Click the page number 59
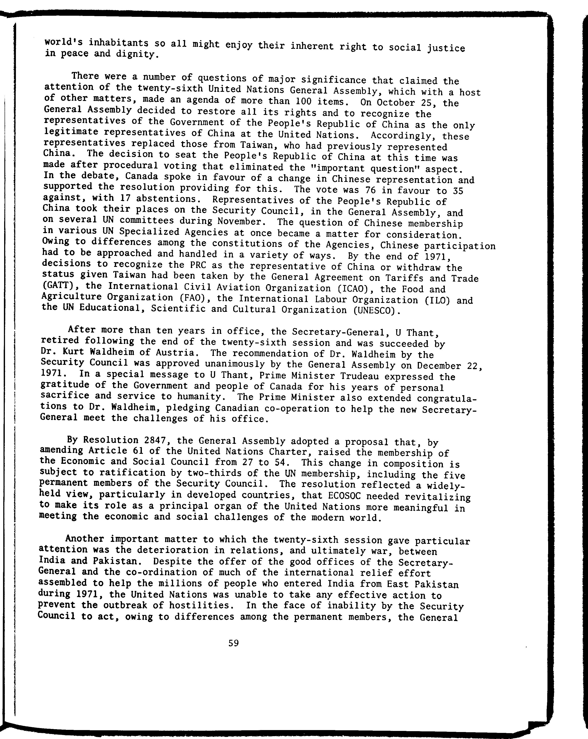(x=233, y=643)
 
